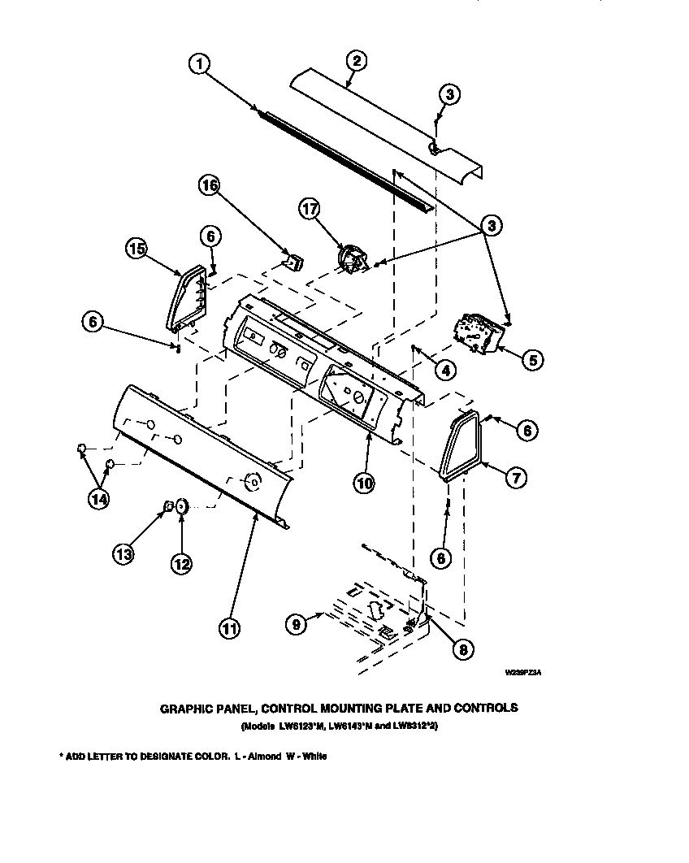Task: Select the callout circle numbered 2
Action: click(355, 59)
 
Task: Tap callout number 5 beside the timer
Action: click(531, 359)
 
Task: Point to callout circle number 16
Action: click(210, 186)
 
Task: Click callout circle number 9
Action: click(297, 623)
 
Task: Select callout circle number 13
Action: click(124, 555)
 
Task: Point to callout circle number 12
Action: click(180, 562)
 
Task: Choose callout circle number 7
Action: click(513, 479)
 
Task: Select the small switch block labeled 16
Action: click(293, 262)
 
